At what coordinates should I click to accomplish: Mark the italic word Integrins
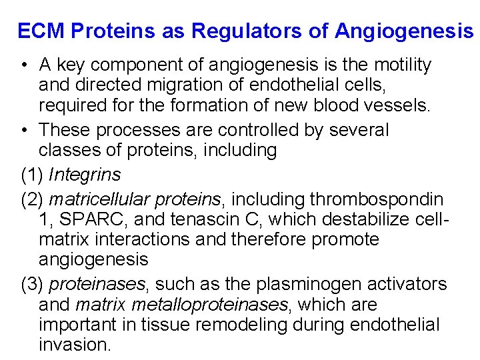tap(85, 175)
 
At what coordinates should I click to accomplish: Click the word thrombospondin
tap(375, 199)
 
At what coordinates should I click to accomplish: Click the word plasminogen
tap(322, 284)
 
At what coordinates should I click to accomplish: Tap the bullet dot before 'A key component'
tap(23, 65)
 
